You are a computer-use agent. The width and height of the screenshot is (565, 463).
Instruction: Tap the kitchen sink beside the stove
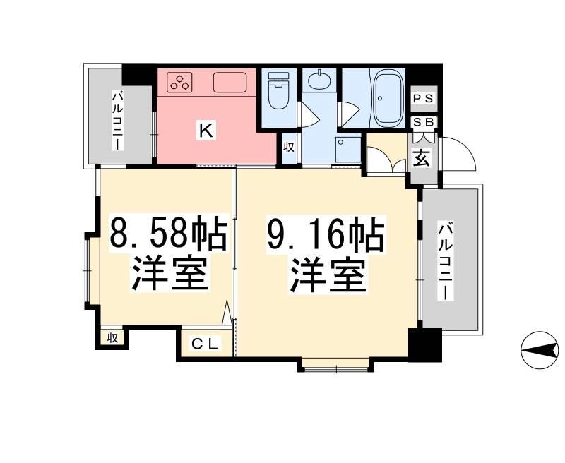click(230, 83)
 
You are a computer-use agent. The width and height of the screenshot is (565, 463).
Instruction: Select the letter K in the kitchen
click(205, 130)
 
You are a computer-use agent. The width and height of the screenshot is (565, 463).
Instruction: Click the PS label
click(425, 98)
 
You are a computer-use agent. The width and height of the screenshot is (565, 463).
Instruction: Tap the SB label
click(425, 122)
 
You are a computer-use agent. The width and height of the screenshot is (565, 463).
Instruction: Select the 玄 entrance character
click(421, 158)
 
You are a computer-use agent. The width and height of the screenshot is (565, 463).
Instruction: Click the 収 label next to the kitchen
click(289, 147)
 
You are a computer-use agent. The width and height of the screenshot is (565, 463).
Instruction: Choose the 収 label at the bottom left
click(112, 338)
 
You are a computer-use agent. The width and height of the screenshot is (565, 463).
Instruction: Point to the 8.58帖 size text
click(167, 234)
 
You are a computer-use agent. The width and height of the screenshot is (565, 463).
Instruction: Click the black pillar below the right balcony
click(424, 344)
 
